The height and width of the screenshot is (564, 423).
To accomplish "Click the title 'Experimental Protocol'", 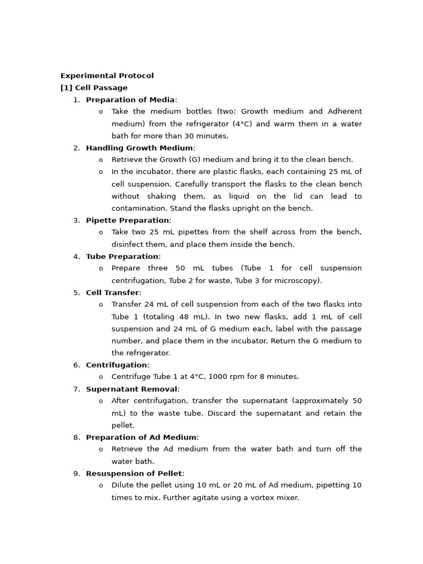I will click(107, 76).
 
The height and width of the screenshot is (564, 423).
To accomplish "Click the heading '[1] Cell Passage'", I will click(94, 88).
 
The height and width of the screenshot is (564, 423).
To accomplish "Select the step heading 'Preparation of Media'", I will click(130, 100).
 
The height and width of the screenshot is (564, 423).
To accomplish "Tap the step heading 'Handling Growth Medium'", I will click(139, 148).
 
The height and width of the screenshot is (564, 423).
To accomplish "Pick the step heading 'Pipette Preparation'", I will click(127, 220).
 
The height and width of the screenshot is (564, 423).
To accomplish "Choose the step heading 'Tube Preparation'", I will click(122, 257).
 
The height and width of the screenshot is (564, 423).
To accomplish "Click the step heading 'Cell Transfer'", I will click(112, 293).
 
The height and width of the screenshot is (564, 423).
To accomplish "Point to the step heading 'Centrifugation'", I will click(116, 365).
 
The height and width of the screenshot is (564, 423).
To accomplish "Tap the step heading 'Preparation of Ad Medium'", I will click(141, 437).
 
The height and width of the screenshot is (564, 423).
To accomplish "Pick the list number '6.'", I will click(77, 365).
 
